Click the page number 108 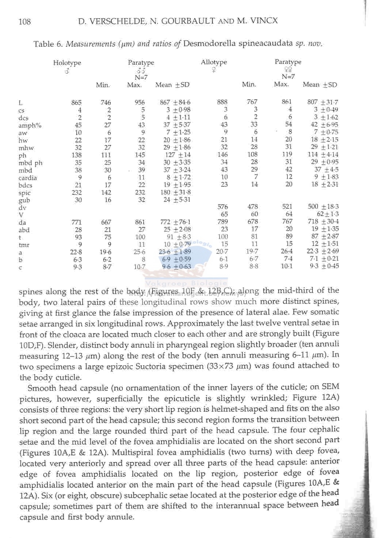tap(24, 22)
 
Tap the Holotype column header tap(67, 63)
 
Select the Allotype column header tap(214, 62)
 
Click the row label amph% tap(30, 125)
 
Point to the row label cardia tap(28, 178)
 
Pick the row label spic tap(24, 193)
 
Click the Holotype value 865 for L tap(76, 103)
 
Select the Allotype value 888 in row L tap(222, 102)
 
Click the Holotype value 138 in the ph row tap(76, 155)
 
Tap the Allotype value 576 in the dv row tap(222, 207)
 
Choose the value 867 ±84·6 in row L tap(175, 102)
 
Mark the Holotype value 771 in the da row tap(76, 222)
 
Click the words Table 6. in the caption tap(48, 44)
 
